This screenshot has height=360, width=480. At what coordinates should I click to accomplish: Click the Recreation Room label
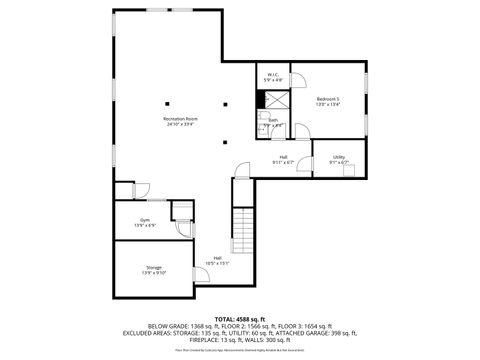(180, 119)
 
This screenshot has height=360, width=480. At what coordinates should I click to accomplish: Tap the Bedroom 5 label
(328, 98)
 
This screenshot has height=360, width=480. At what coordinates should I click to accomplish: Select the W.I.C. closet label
(272, 74)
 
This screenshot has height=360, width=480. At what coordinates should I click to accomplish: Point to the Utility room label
(339, 157)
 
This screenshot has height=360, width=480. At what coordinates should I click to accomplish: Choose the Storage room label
(154, 267)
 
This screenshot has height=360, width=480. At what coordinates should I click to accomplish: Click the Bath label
(273, 119)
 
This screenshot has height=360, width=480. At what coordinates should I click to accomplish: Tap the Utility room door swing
(349, 168)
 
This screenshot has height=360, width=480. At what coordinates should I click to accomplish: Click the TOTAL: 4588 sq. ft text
(240, 318)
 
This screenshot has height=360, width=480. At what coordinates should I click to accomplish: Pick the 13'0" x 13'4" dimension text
(328, 104)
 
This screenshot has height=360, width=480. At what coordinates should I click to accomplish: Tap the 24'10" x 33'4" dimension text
(180, 125)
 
